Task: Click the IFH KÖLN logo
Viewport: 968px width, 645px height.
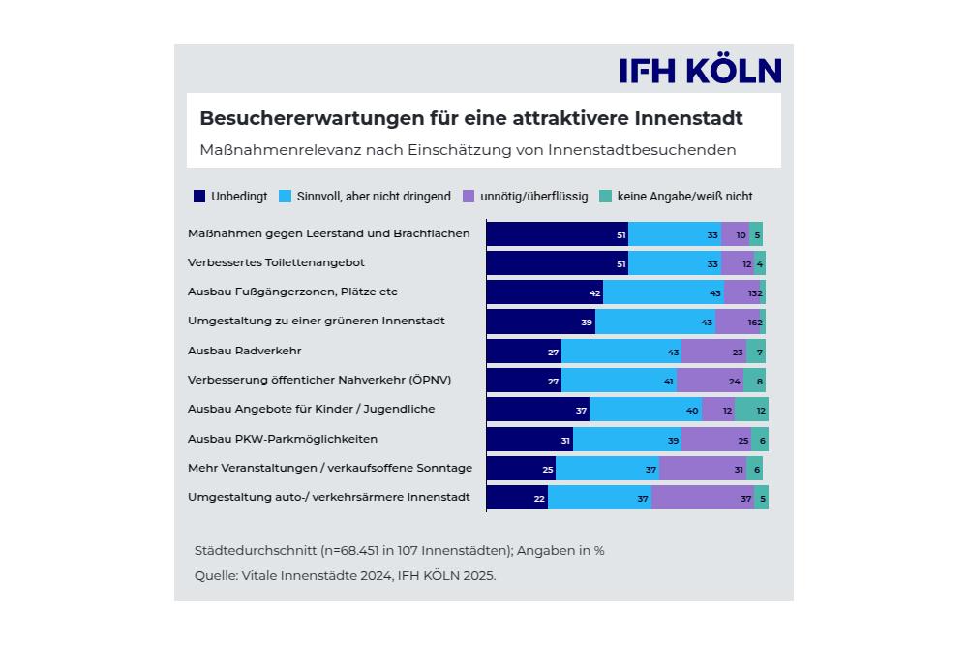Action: click(x=700, y=71)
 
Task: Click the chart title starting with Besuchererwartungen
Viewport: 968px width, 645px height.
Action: click(x=470, y=118)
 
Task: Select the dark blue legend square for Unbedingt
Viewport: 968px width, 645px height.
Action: click(x=200, y=196)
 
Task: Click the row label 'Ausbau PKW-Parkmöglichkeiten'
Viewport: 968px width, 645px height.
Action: click(x=283, y=438)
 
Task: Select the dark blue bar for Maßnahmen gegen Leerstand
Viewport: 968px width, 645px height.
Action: click(x=557, y=234)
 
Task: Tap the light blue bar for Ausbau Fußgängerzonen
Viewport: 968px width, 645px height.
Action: click(x=663, y=292)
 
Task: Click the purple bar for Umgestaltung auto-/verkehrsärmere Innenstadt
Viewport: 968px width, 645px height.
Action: click(x=703, y=498)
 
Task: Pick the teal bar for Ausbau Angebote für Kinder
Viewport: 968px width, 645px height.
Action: click(x=751, y=410)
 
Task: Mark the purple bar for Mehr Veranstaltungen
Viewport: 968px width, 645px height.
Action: click(x=703, y=469)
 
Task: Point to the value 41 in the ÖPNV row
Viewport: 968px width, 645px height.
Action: click(x=669, y=382)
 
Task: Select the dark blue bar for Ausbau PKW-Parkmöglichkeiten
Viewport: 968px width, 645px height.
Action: click(x=529, y=440)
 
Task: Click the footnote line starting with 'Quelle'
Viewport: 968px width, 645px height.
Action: click(x=345, y=575)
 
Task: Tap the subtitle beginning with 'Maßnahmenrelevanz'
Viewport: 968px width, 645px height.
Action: click(x=468, y=150)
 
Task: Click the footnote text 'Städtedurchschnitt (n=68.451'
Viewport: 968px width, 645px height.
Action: click(x=399, y=550)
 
